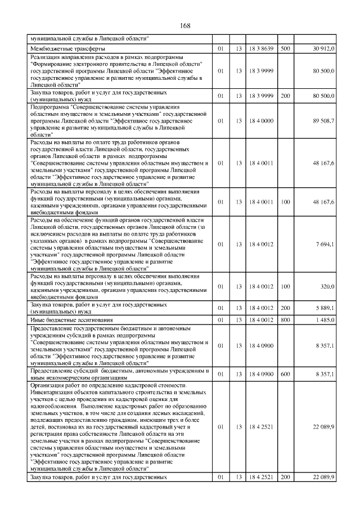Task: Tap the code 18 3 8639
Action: (x=262, y=49)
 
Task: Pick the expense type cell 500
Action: (x=285, y=49)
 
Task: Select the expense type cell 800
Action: (x=285, y=319)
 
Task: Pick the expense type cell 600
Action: (x=285, y=373)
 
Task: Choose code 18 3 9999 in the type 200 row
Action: (x=262, y=96)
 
